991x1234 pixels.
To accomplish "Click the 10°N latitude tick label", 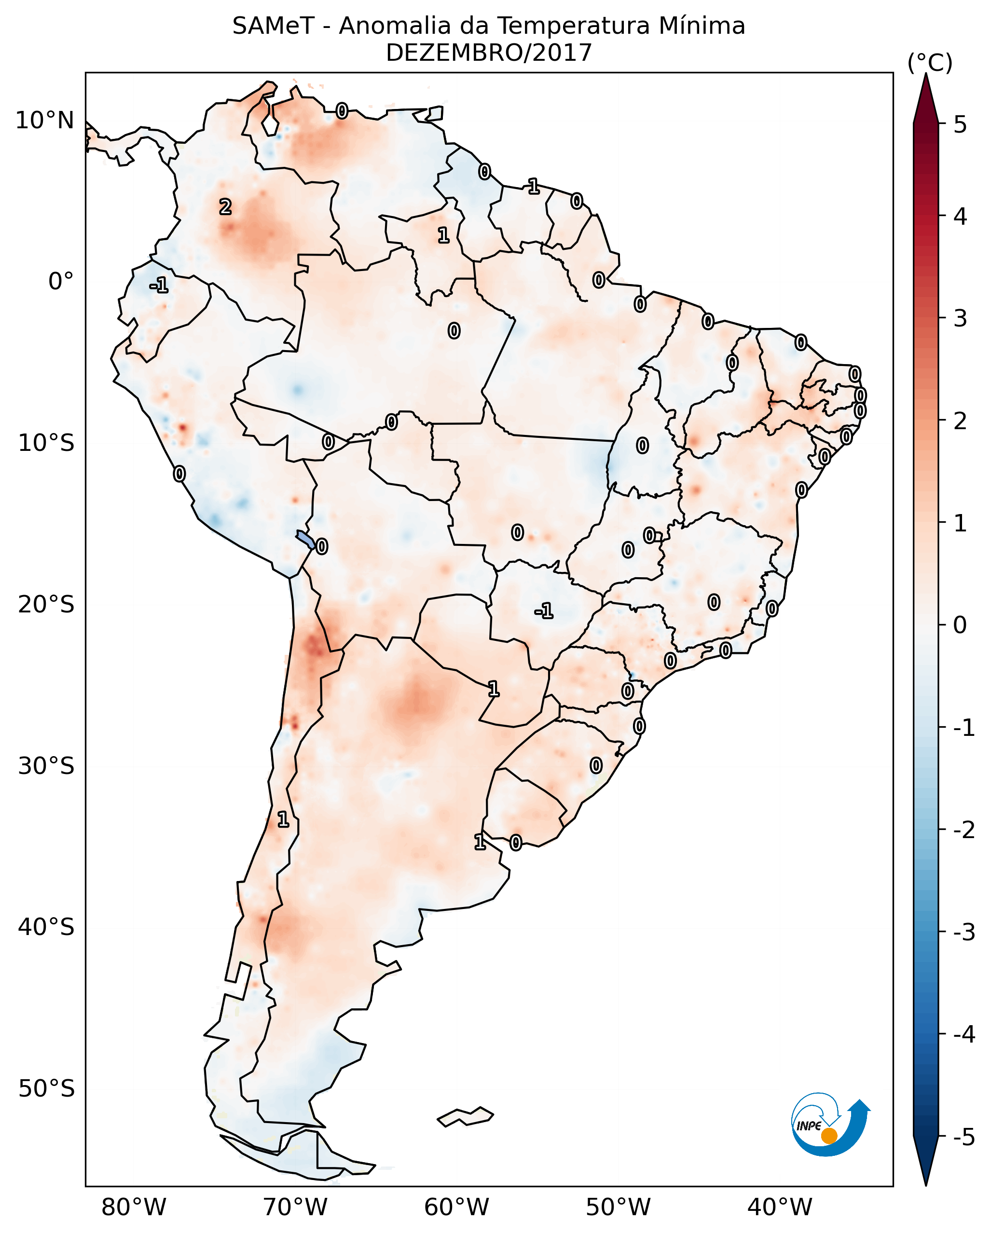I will tap(45, 121).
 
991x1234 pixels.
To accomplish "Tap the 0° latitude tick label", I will tap(61, 282).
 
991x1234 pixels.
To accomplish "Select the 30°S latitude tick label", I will tap(46, 766).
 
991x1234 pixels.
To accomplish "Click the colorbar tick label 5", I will tap(960, 124).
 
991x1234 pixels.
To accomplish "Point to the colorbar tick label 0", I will tap(960, 625).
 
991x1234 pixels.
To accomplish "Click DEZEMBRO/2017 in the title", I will tap(488, 53).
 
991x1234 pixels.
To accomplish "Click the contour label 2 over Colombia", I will tap(226, 206).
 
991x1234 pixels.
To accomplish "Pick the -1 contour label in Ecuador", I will tap(159, 285).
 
